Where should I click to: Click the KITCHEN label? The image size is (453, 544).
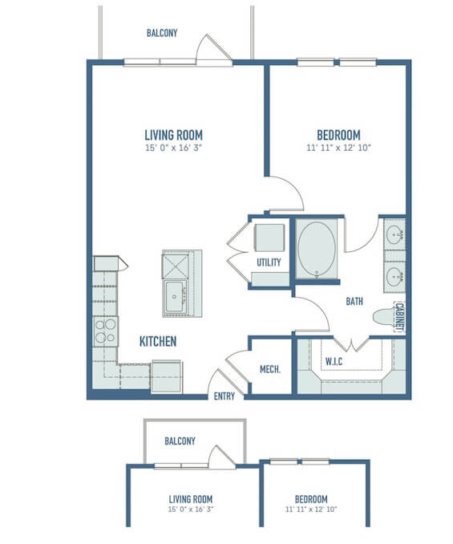point(158,341)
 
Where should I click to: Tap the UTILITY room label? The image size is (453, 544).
point(269,262)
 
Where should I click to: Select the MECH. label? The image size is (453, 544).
point(270,369)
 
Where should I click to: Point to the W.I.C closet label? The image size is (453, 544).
point(334,362)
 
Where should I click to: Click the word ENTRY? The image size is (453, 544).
point(224,396)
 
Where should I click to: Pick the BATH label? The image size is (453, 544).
point(354,301)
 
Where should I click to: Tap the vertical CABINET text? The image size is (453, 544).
point(399,317)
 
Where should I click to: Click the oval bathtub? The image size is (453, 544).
point(317,249)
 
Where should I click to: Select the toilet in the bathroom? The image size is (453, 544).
point(384,316)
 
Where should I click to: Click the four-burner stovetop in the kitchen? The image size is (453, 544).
point(106,331)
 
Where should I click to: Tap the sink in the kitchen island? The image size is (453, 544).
point(175,297)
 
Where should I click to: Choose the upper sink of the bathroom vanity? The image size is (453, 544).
point(394,234)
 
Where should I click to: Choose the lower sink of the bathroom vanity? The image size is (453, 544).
point(394,277)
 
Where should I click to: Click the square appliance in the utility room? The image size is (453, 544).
point(269,238)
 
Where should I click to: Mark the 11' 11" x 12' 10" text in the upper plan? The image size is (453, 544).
point(338,148)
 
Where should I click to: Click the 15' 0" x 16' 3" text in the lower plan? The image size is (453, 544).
point(191,509)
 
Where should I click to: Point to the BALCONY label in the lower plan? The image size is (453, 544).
point(180,441)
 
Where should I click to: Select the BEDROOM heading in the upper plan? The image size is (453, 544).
point(338,135)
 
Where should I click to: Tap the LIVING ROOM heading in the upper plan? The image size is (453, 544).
point(174,135)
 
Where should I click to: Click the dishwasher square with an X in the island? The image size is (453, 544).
point(176,266)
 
